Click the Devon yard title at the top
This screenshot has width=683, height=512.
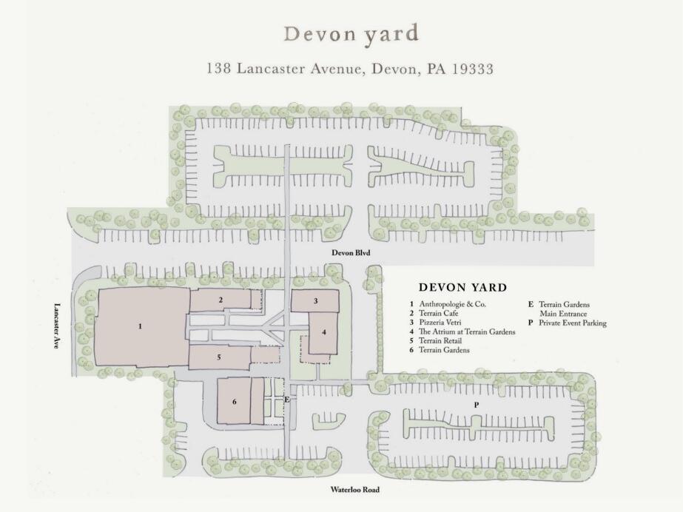351,34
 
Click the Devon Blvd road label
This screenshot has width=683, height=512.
351,252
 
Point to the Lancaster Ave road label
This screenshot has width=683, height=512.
56,326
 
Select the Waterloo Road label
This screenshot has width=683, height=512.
354,489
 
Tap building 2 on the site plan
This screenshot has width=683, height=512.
221,300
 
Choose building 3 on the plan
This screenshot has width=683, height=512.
316,301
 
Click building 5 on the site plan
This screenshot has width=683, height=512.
219,357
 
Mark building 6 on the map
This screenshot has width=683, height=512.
235,402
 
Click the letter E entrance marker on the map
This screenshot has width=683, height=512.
286,399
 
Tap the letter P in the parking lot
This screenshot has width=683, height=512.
477,405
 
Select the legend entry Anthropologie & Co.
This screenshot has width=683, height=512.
448,304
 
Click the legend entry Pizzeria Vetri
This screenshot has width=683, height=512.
435,323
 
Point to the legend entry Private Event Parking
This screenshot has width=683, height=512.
567,323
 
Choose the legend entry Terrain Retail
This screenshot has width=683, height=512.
436,341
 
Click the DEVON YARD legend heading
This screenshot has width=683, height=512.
463,287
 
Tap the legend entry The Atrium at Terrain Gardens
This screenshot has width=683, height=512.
462,331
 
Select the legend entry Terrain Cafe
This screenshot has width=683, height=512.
434,314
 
